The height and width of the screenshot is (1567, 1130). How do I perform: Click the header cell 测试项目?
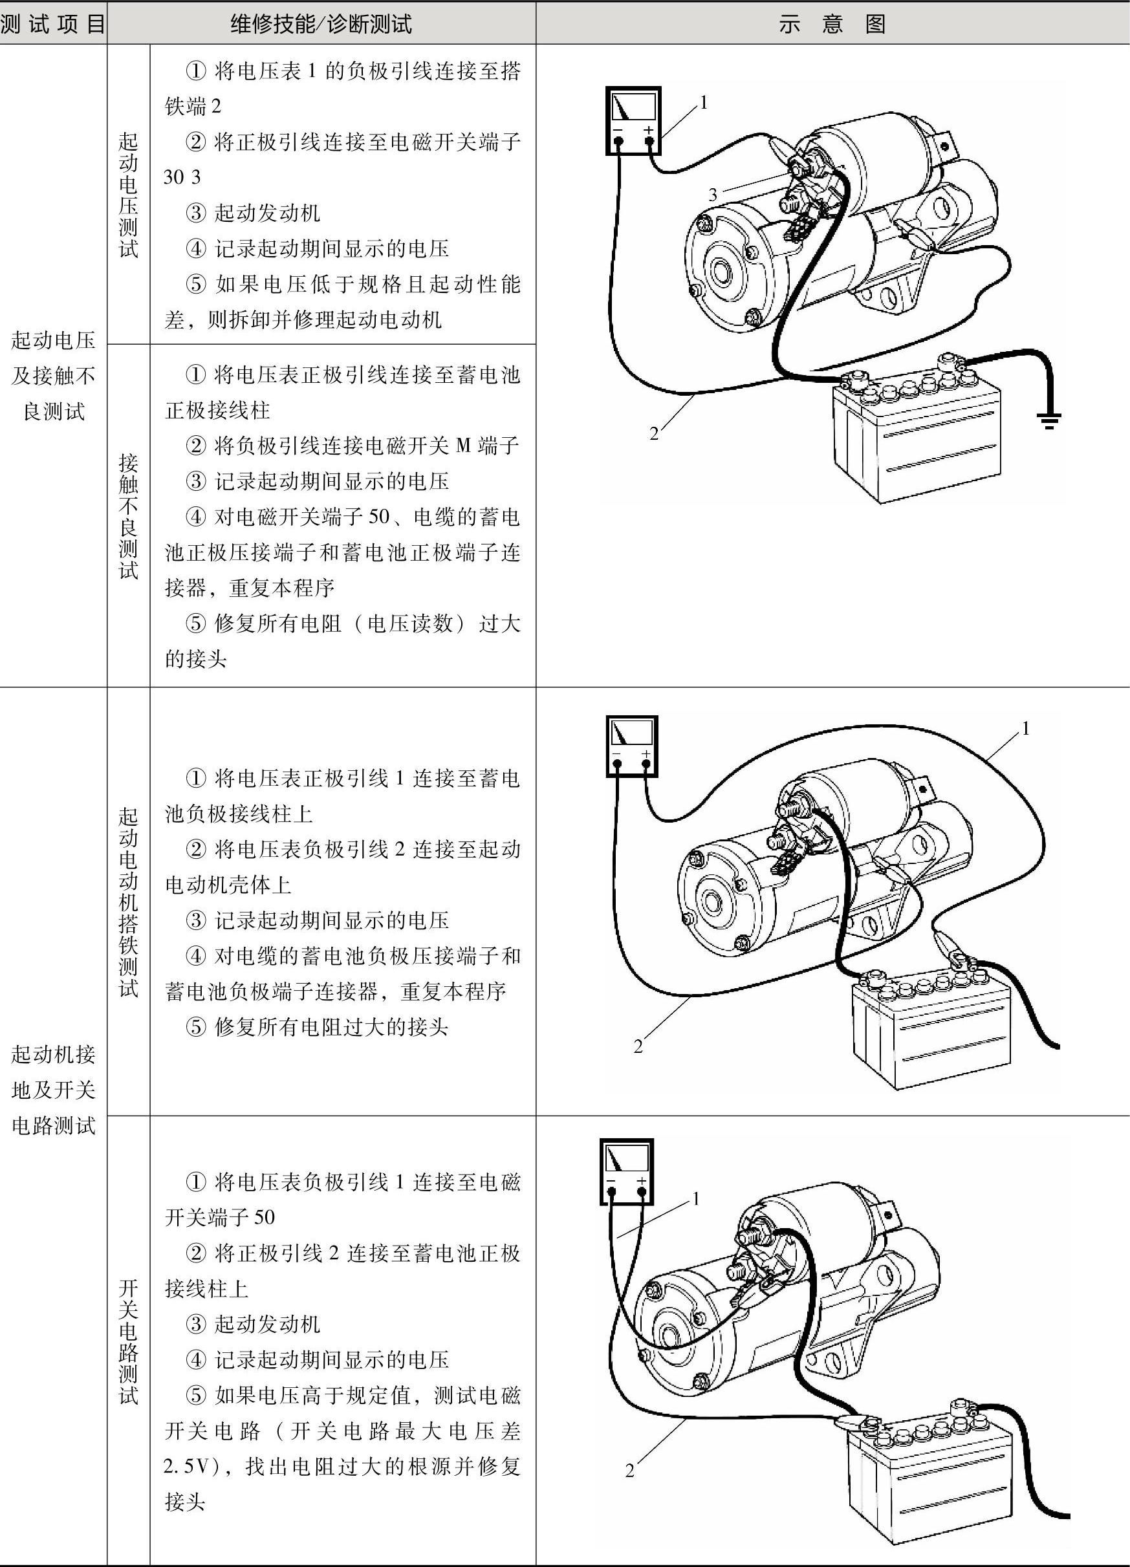click(x=52, y=24)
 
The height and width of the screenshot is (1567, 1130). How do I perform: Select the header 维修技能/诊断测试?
click(x=321, y=24)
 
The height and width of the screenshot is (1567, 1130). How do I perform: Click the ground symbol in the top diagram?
click(x=1049, y=418)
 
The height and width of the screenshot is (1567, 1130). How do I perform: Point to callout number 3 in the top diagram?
click(x=713, y=195)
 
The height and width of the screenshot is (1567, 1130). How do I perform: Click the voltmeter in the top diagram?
click(x=633, y=120)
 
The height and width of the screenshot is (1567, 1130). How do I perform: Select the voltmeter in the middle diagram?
click(x=632, y=746)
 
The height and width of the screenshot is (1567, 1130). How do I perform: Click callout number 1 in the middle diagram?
click(x=1026, y=728)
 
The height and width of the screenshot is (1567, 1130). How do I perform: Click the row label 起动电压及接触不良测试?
click(x=53, y=376)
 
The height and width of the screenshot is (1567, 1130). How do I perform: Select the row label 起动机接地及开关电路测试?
click(x=53, y=1090)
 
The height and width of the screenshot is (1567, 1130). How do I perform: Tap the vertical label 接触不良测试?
click(x=129, y=515)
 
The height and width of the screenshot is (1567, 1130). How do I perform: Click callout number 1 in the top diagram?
click(x=704, y=102)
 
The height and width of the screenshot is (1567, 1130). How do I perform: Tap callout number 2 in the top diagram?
click(x=654, y=434)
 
